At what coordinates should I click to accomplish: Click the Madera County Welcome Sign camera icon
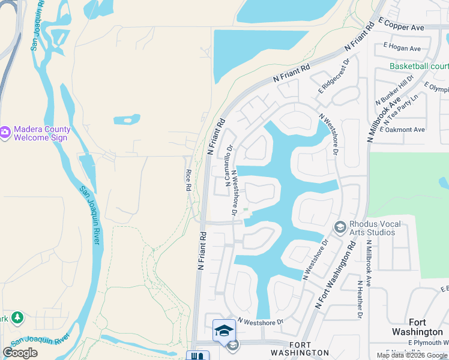pyautogui.click(x=5, y=131)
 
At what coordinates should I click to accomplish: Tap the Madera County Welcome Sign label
pyautogui.click(x=42, y=133)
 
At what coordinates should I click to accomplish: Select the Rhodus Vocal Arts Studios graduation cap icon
pyautogui.click(x=340, y=226)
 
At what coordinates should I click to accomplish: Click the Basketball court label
pyautogui.click(x=419, y=66)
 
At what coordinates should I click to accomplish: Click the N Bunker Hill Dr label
pyautogui.click(x=394, y=89)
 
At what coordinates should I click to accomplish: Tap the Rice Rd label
pyautogui.click(x=188, y=181)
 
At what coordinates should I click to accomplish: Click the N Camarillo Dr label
pyautogui.click(x=229, y=166)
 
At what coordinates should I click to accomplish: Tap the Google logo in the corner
pyautogui.click(x=20, y=353)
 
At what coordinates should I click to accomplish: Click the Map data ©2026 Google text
pyautogui.click(x=412, y=355)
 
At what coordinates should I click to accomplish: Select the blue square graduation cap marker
pyautogui.click(x=224, y=331)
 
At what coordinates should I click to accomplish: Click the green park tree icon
pyautogui.click(x=17, y=317)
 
